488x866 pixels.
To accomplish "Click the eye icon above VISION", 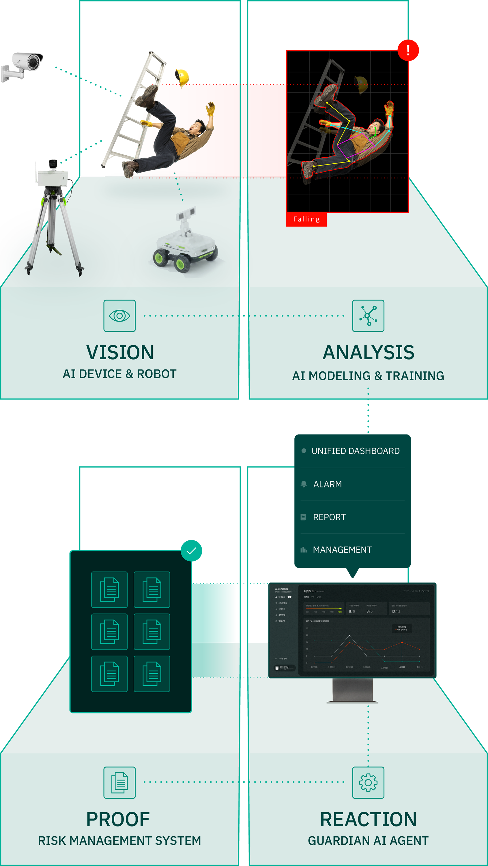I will click(x=119, y=316).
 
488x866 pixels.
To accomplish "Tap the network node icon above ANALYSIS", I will click(x=368, y=316).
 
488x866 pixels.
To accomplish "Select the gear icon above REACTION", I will click(x=368, y=782).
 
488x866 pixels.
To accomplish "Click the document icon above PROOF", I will click(x=119, y=782).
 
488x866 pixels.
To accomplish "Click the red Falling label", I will click(x=306, y=219).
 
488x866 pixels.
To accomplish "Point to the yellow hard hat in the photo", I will click(x=182, y=77).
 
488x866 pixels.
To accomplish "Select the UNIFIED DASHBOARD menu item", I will click(x=355, y=451).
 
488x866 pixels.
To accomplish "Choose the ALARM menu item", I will click(x=327, y=484).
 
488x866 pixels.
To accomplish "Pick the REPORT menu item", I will click(x=329, y=517).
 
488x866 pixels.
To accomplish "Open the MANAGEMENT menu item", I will click(x=342, y=550).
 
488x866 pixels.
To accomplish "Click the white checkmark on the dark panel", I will click(x=191, y=551).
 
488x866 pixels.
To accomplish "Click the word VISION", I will click(x=120, y=352).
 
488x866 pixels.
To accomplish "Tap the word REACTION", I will click(x=368, y=819).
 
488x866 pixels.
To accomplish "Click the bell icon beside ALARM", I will click(x=304, y=484).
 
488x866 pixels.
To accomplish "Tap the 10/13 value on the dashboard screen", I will click(x=396, y=611).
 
